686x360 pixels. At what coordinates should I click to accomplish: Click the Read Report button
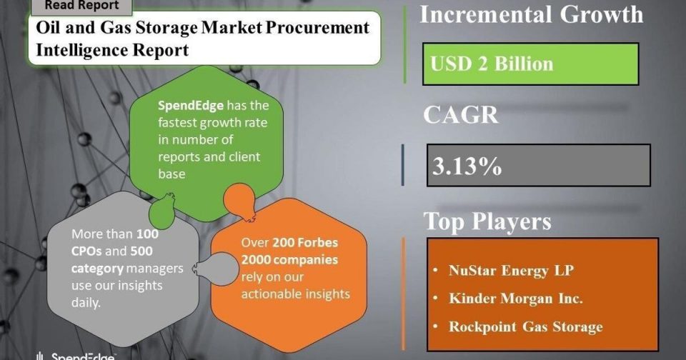coord(81,6)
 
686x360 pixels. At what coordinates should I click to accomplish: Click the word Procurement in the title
coord(317,29)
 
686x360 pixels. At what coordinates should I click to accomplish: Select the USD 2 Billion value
coord(492,64)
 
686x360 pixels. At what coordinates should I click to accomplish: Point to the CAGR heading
coord(461,115)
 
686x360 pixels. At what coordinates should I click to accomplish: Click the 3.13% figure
coord(467,166)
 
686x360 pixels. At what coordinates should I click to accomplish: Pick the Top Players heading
coord(487,221)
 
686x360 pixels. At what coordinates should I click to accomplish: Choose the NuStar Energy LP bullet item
coord(511,270)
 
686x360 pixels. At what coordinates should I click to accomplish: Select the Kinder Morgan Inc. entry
coord(516,299)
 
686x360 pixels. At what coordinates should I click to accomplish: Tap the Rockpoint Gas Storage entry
coord(526,326)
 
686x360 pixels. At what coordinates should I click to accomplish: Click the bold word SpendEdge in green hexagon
coord(191,106)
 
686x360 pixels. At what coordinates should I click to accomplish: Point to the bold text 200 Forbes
coord(305,242)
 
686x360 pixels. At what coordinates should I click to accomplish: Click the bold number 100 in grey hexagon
coord(147,234)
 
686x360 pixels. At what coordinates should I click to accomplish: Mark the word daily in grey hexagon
coord(86,303)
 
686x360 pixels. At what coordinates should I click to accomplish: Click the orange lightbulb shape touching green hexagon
coord(239,201)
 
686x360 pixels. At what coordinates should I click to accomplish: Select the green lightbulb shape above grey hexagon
coord(162,211)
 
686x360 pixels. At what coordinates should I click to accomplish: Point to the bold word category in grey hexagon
coord(98,269)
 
